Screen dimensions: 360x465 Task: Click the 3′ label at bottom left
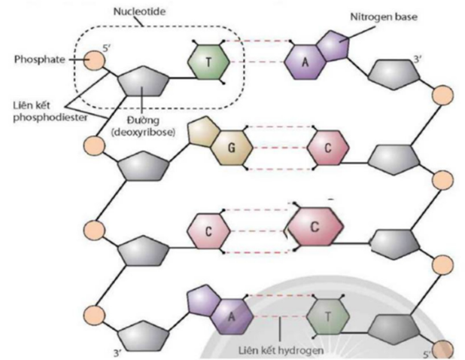[117, 352]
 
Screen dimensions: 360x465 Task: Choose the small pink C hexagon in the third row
[207, 231]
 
